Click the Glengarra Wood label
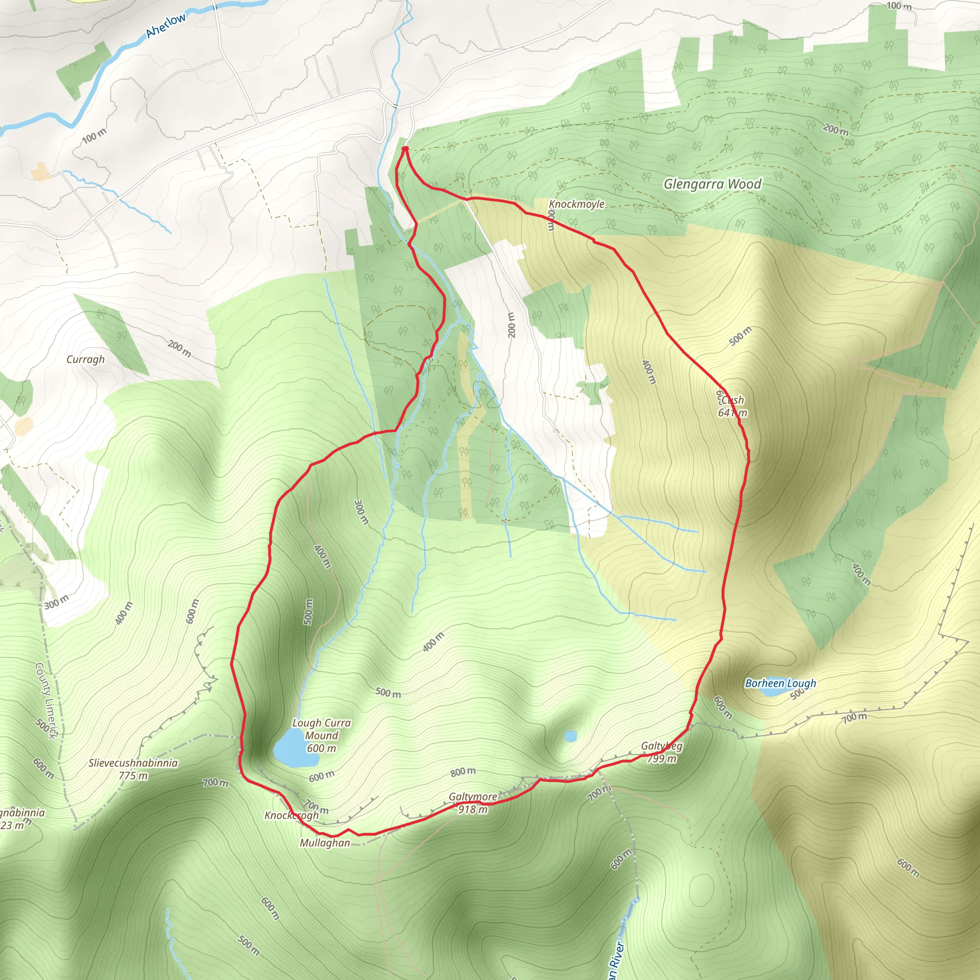[x=712, y=184]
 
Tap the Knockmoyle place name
[x=577, y=204]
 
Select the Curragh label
[x=85, y=360]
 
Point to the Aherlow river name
[x=166, y=25]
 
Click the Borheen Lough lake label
[x=780, y=683]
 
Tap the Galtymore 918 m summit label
[x=473, y=803]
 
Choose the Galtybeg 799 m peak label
[x=661, y=752]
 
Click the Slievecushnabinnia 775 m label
[x=133, y=769]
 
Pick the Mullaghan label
[x=324, y=843]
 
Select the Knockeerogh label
[x=292, y=815]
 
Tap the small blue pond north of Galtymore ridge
[x=571, y=736]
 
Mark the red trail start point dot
[x=405, y=149]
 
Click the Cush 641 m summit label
[x=732, y=406]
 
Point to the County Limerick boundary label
[x=47, y=701]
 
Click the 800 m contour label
[x=463, y=771]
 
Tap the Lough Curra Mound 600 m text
[x=322, y=735]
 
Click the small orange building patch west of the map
[x=40, y=172]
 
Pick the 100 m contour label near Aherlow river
[x=94, y=135]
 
